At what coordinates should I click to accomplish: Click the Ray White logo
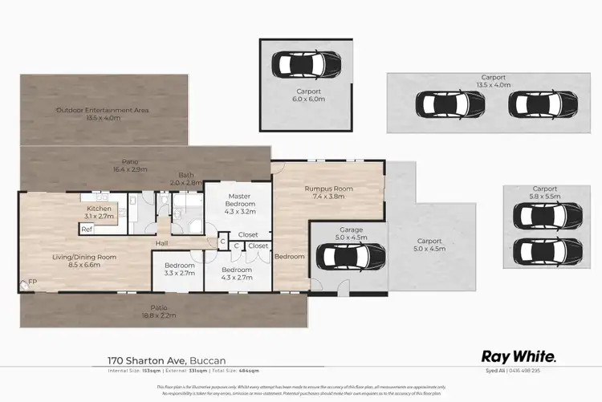[519, 356]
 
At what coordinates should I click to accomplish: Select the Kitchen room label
[100, 213]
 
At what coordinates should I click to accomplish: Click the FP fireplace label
[33, 282]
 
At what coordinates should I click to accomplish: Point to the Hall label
[161, 243]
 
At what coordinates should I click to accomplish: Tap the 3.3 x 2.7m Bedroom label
[179, 270]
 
